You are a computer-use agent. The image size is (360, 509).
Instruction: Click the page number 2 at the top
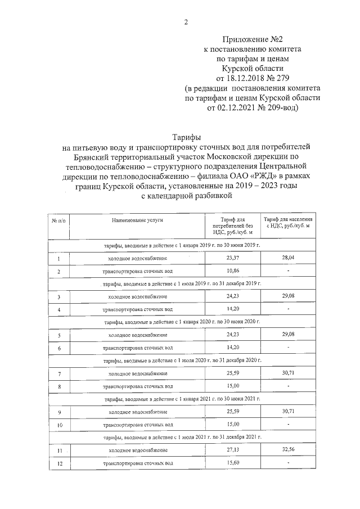point(186,22)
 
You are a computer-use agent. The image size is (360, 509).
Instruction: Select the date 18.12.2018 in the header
point(244,78)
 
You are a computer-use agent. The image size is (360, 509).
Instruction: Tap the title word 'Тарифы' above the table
point(186,137)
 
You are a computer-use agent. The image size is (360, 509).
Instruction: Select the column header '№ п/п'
point(58,220)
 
